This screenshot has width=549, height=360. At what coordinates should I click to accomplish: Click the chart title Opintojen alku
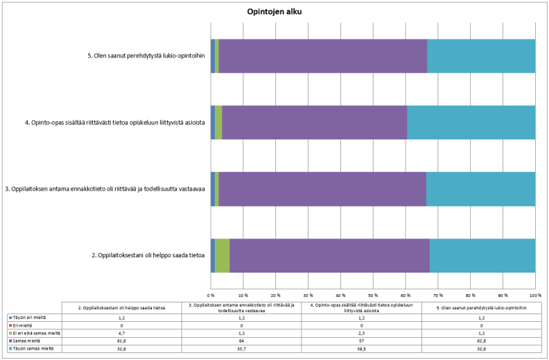coord(274,12)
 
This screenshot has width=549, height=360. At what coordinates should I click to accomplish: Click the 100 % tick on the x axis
coord(534,285)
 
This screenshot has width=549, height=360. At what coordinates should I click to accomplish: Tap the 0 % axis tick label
coord(211,285)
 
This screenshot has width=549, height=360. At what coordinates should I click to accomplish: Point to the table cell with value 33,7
coord(241,348)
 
